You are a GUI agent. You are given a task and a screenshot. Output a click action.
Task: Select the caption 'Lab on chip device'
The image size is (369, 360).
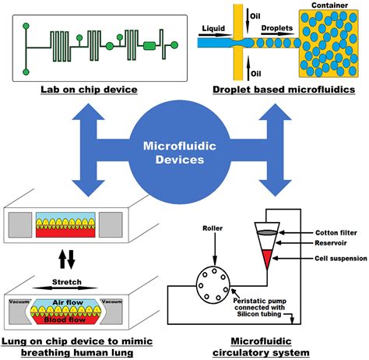click(90, 90)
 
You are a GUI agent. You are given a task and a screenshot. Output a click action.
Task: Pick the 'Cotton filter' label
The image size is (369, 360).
click(337, 231)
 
